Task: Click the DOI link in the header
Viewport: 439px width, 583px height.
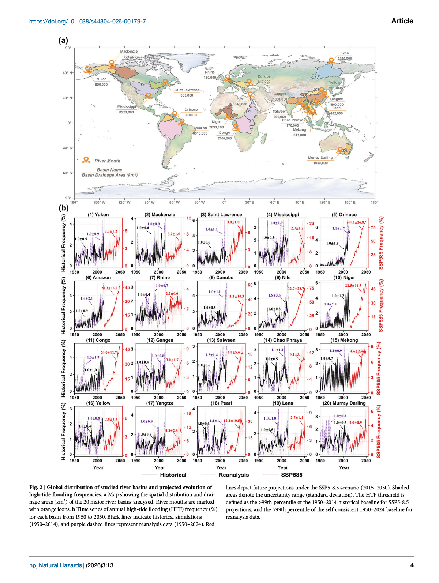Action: tap(87, 21)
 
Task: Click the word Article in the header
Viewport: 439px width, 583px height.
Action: tap(402, 21)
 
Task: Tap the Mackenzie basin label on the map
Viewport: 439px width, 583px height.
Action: tap(129, 52)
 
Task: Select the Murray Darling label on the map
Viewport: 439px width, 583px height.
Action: tap(320, 158)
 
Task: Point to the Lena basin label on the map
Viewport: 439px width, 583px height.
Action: tap(344, 53)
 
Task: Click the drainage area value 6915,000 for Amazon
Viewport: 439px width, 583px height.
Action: tap(200, 133)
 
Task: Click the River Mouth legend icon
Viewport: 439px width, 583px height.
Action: tap(86, 160)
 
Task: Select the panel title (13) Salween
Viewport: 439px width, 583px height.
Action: tap(221, 340)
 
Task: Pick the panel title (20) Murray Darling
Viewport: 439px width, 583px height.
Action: tap(344, 403)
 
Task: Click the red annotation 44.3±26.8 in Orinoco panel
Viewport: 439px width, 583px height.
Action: tap(356, 223)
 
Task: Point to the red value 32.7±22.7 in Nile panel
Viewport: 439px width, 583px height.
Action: tap(296, 289)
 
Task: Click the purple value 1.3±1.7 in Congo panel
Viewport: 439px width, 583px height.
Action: tap(93, 357)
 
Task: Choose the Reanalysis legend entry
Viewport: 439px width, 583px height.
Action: tap(233, 475)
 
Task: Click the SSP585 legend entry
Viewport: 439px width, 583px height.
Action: tap(292, 475)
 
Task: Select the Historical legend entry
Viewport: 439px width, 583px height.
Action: tap(173, 475)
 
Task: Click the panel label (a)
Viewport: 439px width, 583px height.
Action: tap(63, 40)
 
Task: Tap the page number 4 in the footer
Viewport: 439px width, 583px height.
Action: tap(412, 565)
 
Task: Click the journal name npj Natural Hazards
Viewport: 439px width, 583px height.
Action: tap(56, 565)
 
